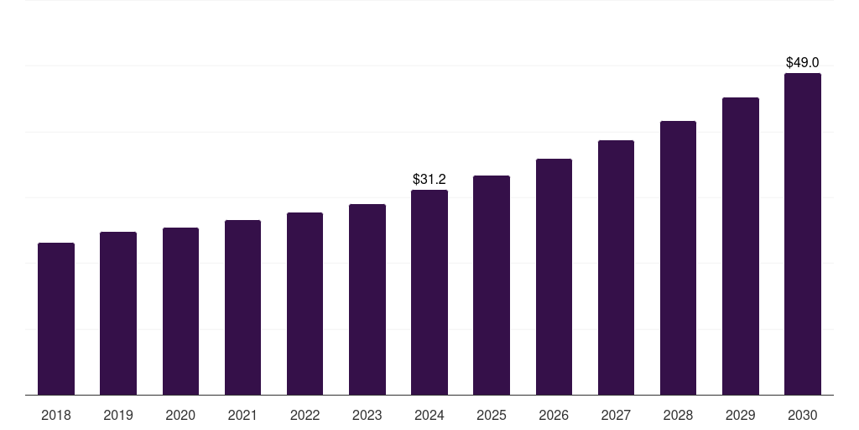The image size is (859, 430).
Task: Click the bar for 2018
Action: click(56, 319)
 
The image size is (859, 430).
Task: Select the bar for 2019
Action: click(118, 313)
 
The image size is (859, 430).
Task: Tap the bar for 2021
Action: click(242, 307)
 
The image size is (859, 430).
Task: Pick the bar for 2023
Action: click(367, 300)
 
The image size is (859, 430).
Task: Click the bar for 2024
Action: click(429, 292)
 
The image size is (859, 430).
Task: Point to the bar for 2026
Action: click(554, 277)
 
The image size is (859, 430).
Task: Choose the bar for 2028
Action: click(678, 258)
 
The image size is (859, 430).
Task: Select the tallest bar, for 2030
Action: click(803, 234)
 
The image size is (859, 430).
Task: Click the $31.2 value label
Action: click(429, 179)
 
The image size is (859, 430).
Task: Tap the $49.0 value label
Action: click(803, 62)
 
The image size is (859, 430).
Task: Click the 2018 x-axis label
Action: click(56, 415)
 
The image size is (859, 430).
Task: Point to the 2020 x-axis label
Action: click(180, 415)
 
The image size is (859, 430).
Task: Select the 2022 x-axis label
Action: click(305, 415)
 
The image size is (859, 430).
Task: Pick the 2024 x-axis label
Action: click(429, 415)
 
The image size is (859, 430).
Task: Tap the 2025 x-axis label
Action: click(492, 415)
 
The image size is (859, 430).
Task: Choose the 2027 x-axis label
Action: click(616, 415)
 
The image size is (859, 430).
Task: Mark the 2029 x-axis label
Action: click(740, 415)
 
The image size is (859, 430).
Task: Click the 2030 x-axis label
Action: click(803, 415)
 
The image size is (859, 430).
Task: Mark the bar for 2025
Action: click(492, 286)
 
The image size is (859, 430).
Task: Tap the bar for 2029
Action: click(740, 246)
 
